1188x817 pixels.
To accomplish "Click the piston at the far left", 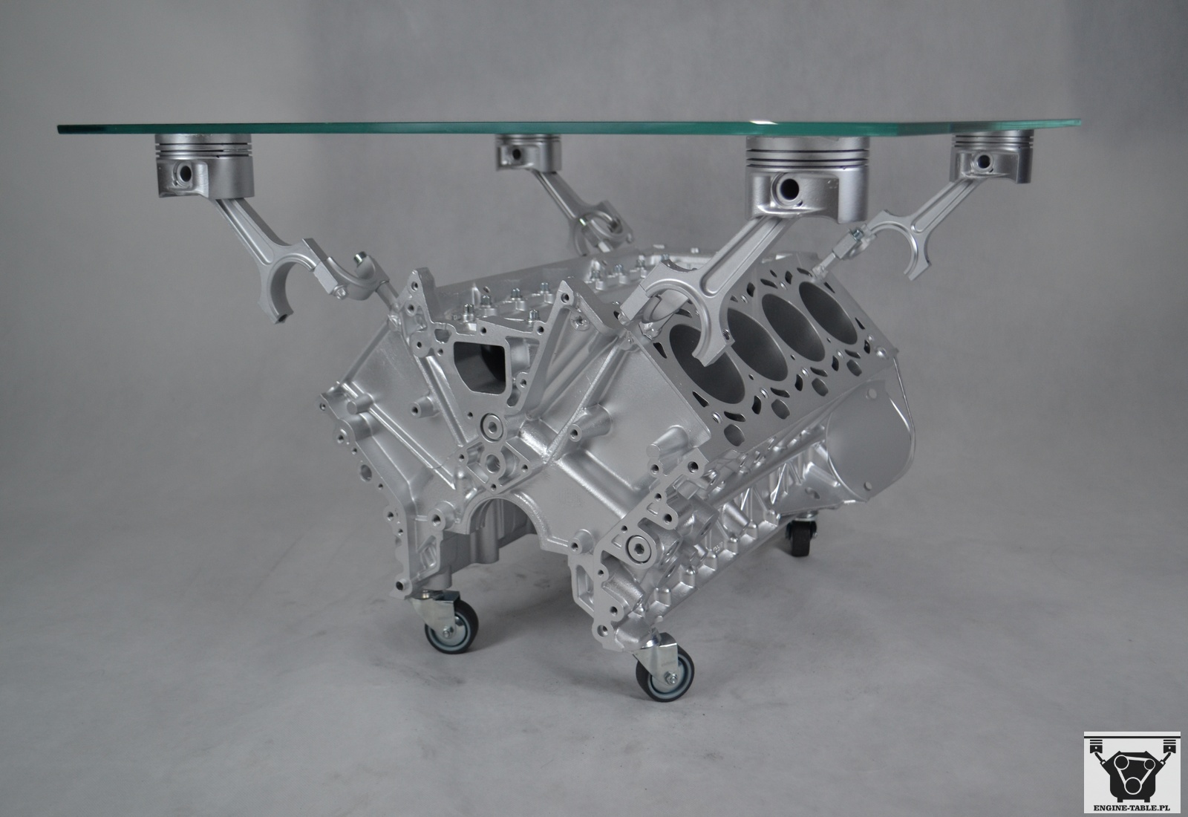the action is click(x=206, y=165).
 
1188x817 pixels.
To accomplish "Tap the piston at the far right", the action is click(x=992, y=156).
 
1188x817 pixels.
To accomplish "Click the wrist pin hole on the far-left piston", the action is click(x=185, y=172).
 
